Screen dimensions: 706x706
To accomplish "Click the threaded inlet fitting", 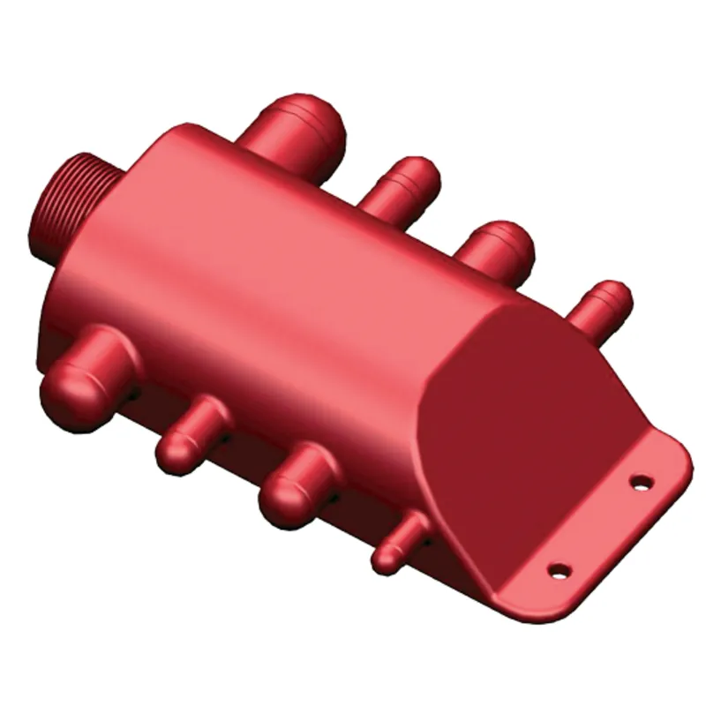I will [71, 201].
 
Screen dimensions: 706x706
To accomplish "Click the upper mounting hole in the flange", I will [642, 481].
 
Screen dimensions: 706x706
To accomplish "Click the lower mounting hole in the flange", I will [558, 570].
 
